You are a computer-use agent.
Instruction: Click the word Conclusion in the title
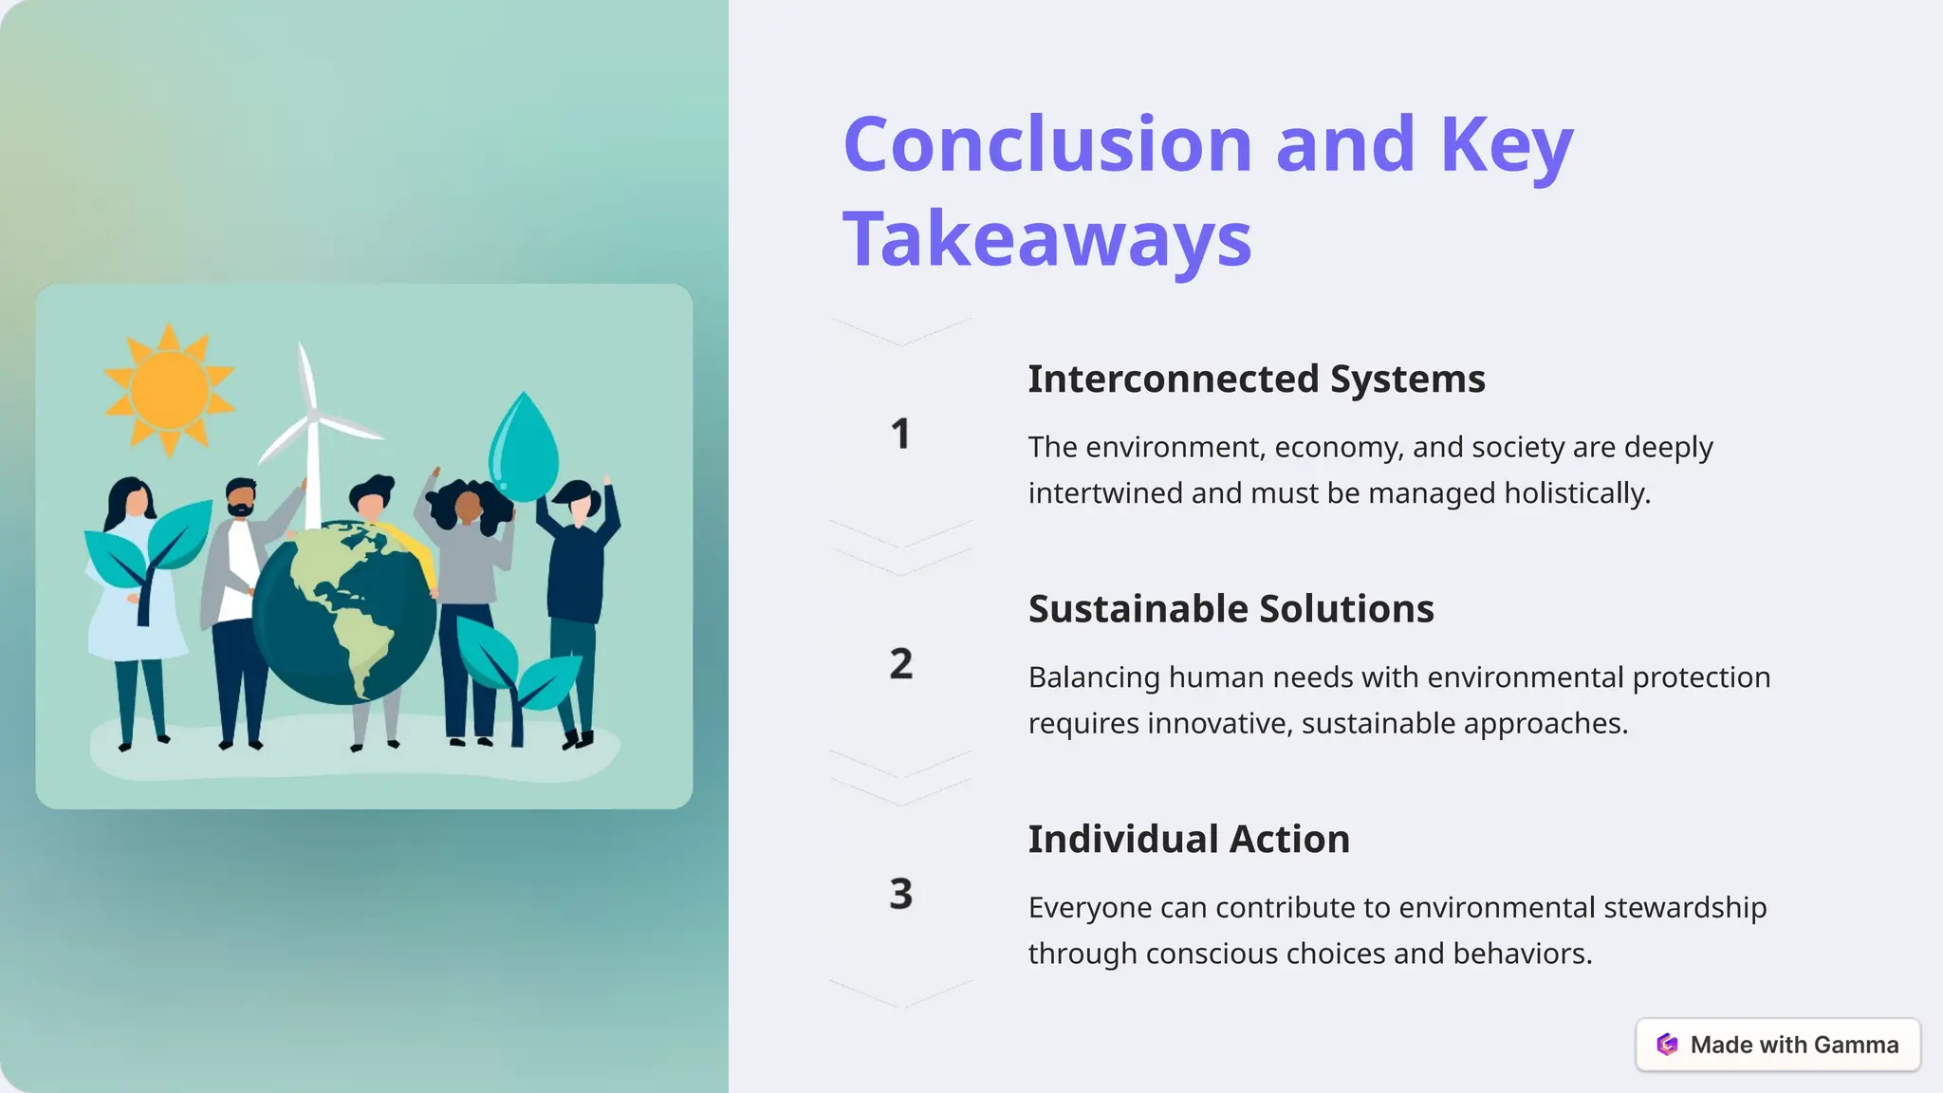(x=1047, y=144)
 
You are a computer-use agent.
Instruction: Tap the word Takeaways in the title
(x=1047, y=239)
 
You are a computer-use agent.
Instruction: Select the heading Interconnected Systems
(x=1256, y=379)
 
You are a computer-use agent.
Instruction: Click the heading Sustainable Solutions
(x=1231, y=609)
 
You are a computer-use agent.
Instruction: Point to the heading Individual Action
(x=1189, y=840)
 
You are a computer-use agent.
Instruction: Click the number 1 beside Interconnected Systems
(x=900, y=435)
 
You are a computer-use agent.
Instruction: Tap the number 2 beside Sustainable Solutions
(x=900, y=664)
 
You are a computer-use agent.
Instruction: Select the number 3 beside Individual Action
(x=900, y=894)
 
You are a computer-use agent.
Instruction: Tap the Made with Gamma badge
(x=1778, y=1045)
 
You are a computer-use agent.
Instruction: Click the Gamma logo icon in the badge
(x=1667, y=1045)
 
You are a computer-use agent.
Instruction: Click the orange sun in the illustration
(x=169, y=390)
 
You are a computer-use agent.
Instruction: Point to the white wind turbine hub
(x=312, y=416)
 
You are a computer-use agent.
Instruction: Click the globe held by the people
(x=343, y=613)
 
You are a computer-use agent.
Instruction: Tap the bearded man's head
(x=241, y=497)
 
